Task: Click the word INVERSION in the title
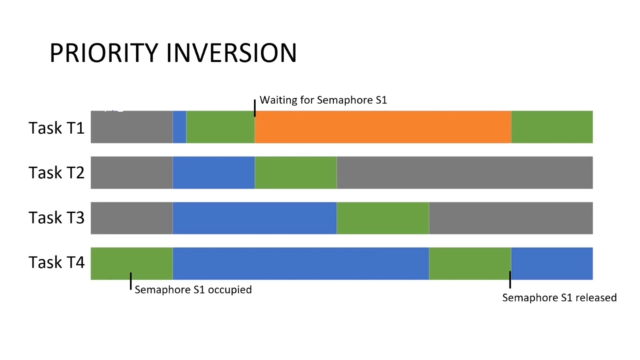point(231,53)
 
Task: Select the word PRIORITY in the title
point(104,53)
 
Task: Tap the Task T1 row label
point(56,128)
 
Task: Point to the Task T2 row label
point(56,173)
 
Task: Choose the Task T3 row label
point(56,217)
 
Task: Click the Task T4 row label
point(56,262)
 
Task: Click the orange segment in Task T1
point(383,127)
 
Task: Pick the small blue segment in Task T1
point(179,127)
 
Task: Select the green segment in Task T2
point(295,173)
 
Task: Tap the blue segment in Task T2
point(213,173)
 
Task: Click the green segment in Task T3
point(383,218)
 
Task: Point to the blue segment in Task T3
point(255,218)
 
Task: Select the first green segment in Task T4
point(131,264)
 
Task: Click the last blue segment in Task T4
point(552,264)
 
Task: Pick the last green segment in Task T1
point(552,127)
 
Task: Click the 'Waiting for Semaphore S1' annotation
point(323,100)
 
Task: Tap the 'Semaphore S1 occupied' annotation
point(193,289)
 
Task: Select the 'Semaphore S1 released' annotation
point(559,297)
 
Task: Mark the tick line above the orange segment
point(255,108)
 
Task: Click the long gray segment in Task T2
point(465,173)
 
